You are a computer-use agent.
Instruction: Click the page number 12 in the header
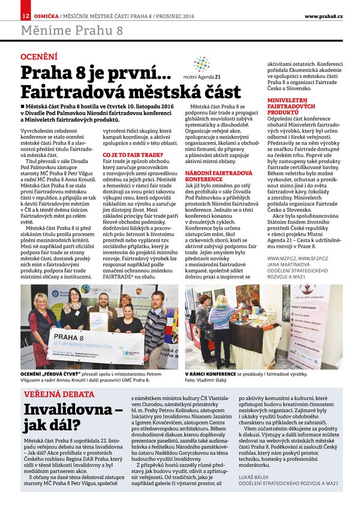click(x=25, y=14)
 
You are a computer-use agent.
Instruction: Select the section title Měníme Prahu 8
click(x=72, y=29)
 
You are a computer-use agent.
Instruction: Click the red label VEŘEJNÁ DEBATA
click(x=53, y=394)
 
